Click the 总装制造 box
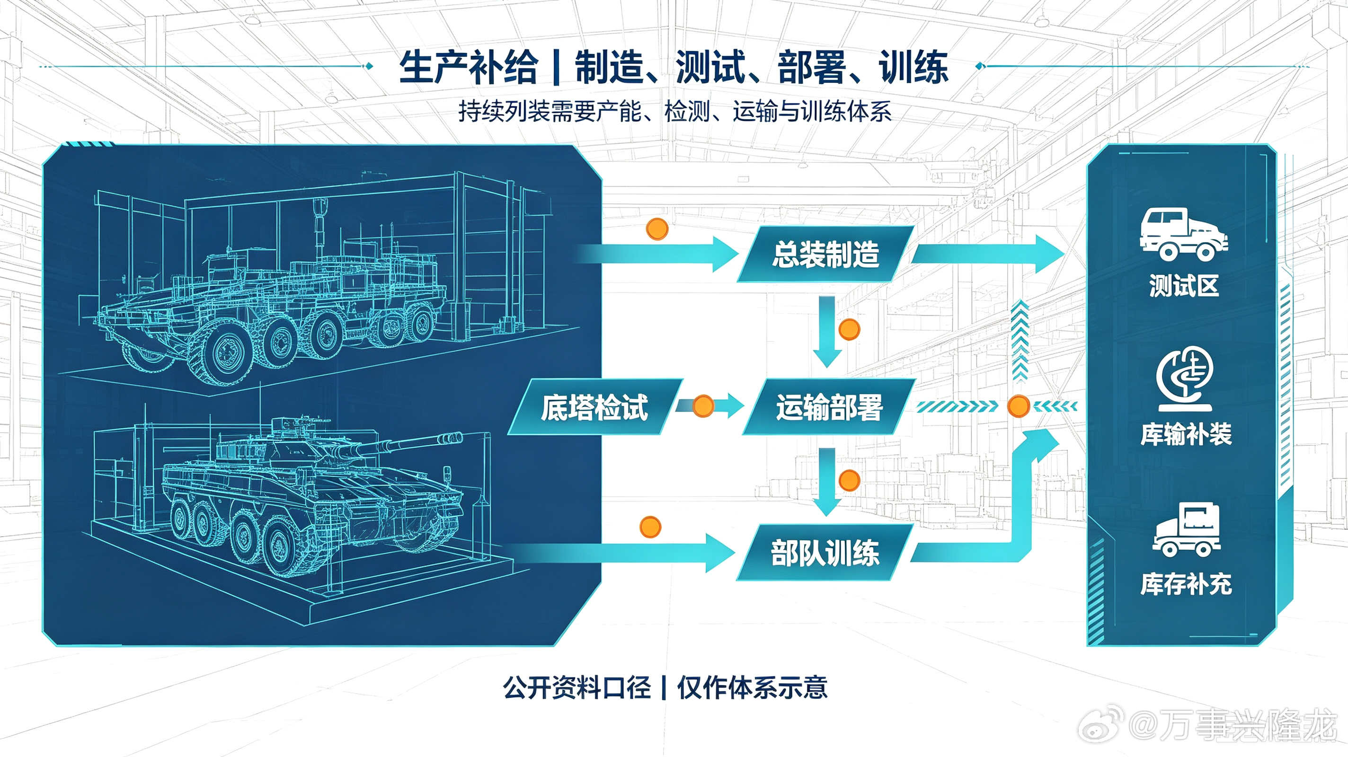click(x=825, y=254)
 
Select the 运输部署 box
click(x=829, y=407)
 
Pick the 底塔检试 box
click(x=595, y=407)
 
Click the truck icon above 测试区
click(x=1184, y=234)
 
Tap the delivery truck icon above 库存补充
click(x=1186, y=529)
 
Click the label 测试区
click(x=1184, y=286)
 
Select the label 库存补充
click(x=1186, y=584)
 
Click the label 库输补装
click(x=1186, y=434)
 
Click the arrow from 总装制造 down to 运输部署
click(x=827, y=332)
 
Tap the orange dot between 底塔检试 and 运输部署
click(x=703, y=406)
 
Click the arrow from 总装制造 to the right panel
click(x=988, y=254)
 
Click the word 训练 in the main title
click(x=913, y=68)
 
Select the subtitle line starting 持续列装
click(x=674, y=111)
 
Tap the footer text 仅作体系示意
click(x=753, y=687)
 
